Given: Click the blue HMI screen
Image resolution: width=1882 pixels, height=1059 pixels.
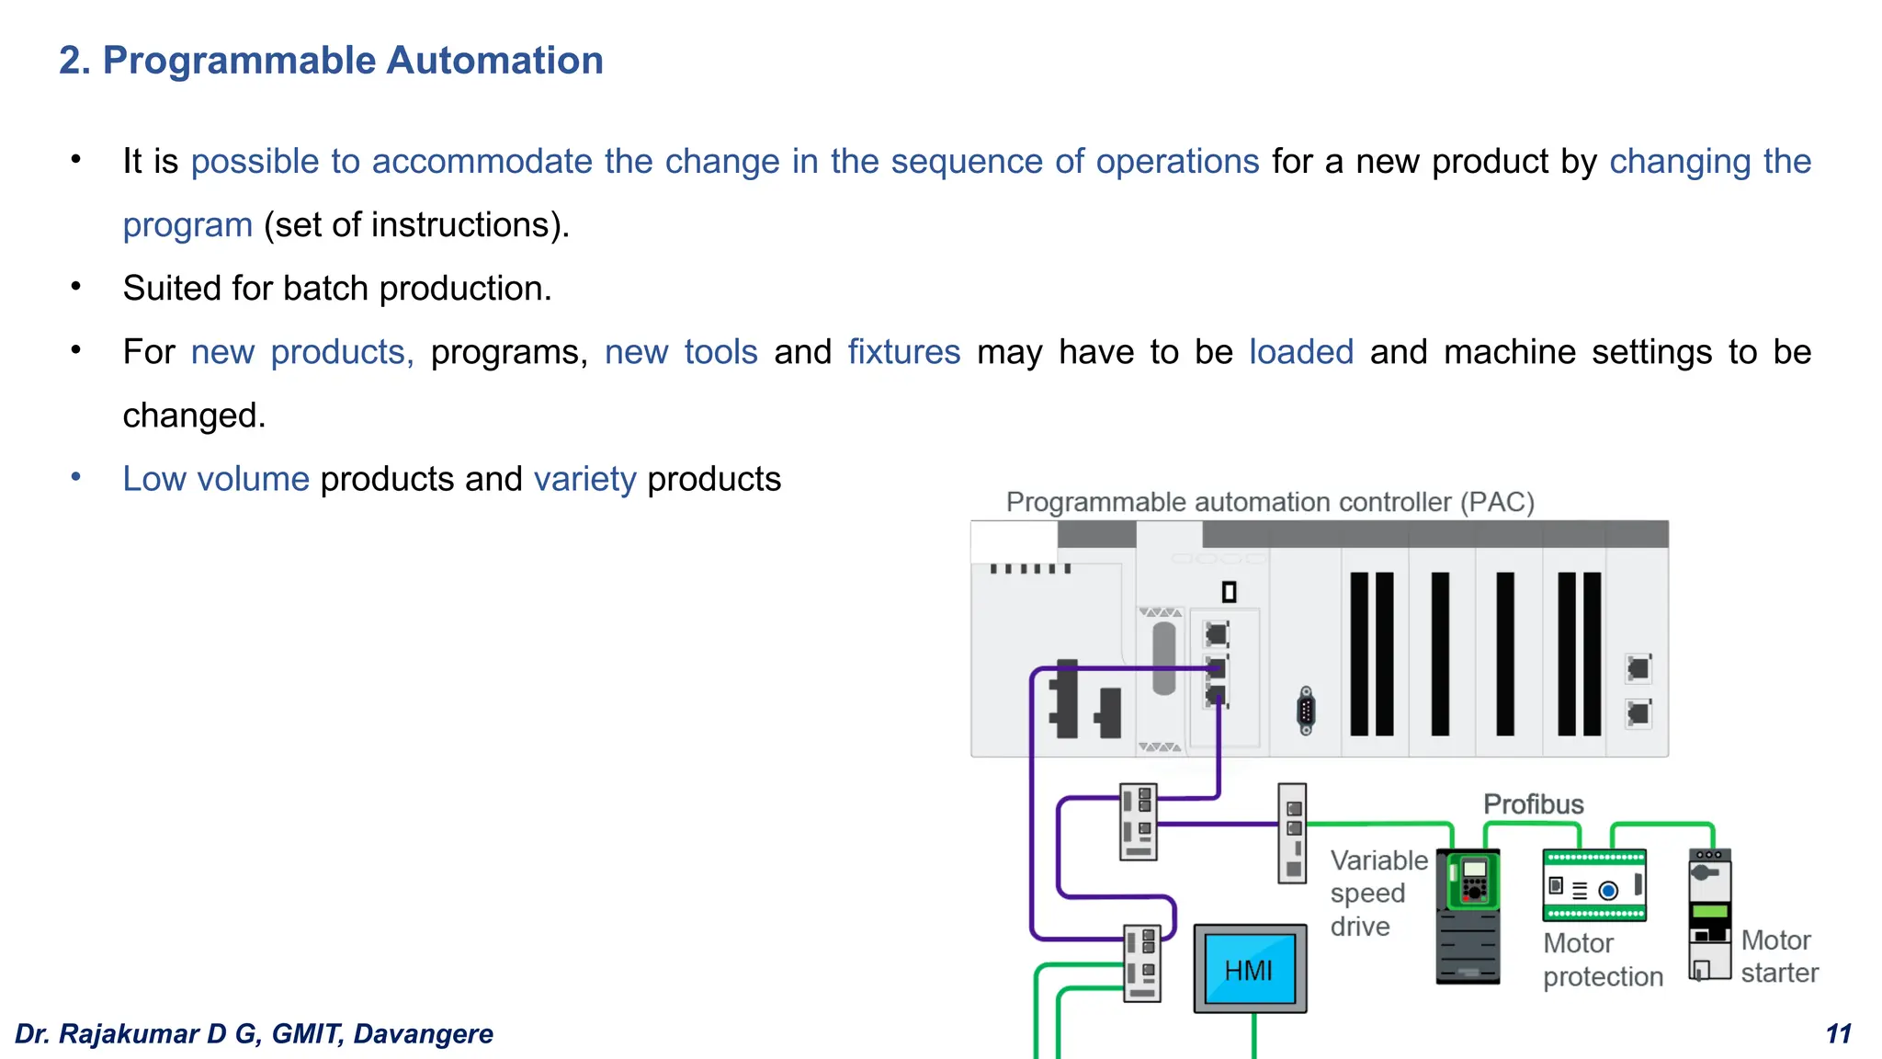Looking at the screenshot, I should [x=1249, y=969].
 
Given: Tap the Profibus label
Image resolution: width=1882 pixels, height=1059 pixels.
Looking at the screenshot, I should [x=1533, y=804].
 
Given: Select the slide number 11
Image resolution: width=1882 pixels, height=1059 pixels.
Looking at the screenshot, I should [x=1838, y=1034].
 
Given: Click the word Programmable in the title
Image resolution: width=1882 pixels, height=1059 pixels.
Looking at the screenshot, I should [x=239, y=61].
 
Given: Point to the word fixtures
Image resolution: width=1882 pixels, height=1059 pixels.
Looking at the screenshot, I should [x=903, y=352].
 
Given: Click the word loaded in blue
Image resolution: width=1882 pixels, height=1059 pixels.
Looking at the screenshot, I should [x=1300, y=352].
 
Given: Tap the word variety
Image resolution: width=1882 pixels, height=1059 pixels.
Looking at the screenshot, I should [x=584, y=479].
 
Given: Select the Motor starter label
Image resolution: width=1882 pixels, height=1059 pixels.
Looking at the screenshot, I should [x=1778, y=956].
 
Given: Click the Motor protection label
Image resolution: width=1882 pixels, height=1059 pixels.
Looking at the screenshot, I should [x=1602, y=960].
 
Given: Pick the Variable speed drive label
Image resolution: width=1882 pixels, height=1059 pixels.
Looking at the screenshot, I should [x=1377, y=893].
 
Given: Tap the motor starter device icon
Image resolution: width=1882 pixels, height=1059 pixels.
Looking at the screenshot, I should [x=1709, y=915].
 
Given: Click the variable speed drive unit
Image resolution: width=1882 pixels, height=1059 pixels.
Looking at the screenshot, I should [x=1468, y=917].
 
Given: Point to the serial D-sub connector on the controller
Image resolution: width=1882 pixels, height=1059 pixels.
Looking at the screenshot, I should [x=1306, y=711].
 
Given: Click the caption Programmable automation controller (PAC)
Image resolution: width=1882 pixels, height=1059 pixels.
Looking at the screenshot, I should [x=1270, y=502].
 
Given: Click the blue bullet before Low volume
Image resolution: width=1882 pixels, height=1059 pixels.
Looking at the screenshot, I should [x=76, y=477].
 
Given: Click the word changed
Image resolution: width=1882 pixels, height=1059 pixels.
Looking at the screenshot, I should [x=194, y=416].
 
